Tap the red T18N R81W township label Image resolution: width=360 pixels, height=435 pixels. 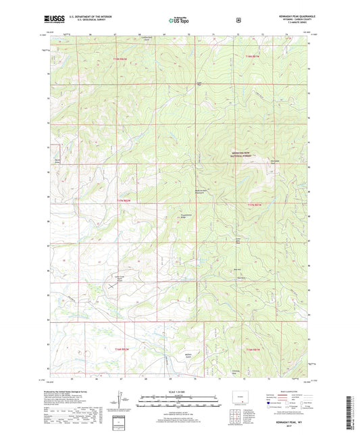253,57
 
